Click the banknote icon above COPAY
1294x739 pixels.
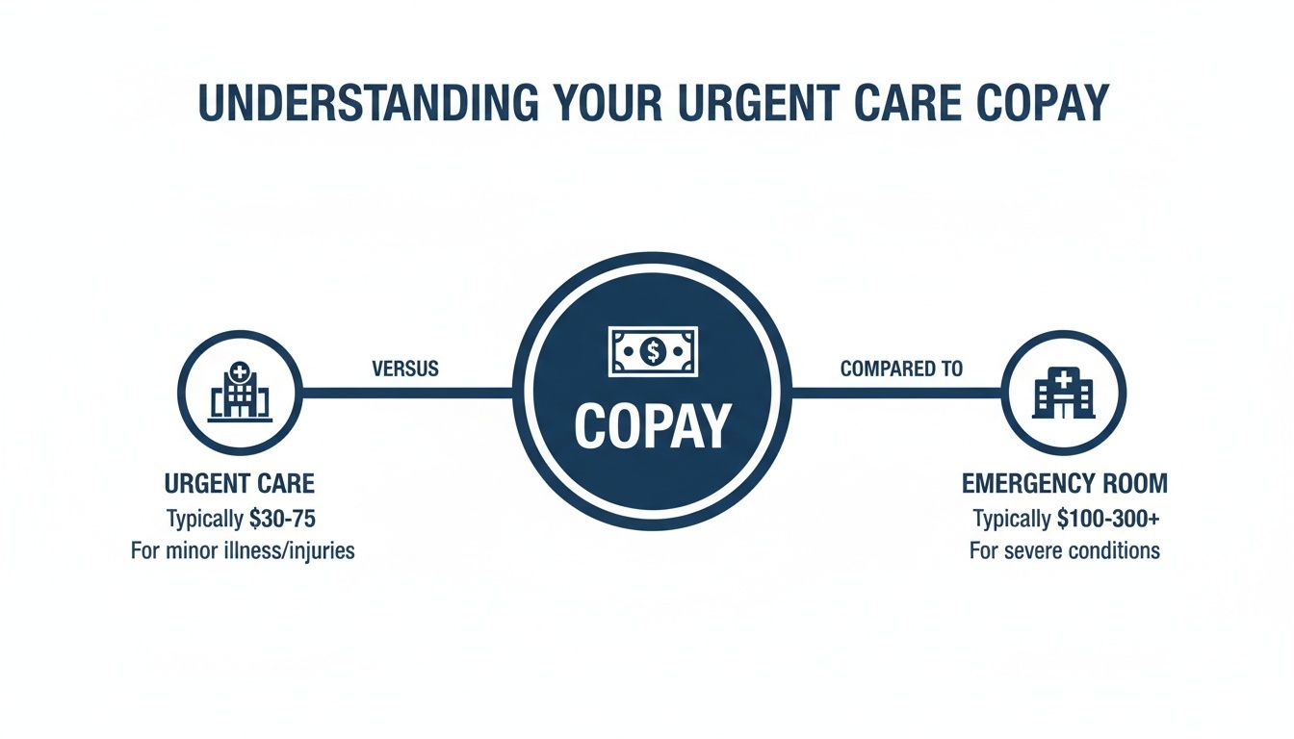tap(652, 351)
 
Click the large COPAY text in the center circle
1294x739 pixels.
tap(652, 425)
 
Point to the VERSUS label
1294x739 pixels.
tap(404, 369)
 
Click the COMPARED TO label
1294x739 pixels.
tap(901, 369)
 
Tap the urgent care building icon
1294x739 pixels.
tap(240, 393)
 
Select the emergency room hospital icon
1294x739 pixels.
tap(1063, 393)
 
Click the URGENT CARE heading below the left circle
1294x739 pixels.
tap(240, 484)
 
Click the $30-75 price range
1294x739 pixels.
tap(282, 519)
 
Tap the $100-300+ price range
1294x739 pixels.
tap(1108, 519)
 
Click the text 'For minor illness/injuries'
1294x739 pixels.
tap(243, 552)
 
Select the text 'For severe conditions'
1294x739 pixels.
tap(1065, 552)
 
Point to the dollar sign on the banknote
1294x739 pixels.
tap(652, 351)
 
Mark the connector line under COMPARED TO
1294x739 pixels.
tap(895, 393)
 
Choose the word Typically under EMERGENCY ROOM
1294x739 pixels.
tap(1011, 519)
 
